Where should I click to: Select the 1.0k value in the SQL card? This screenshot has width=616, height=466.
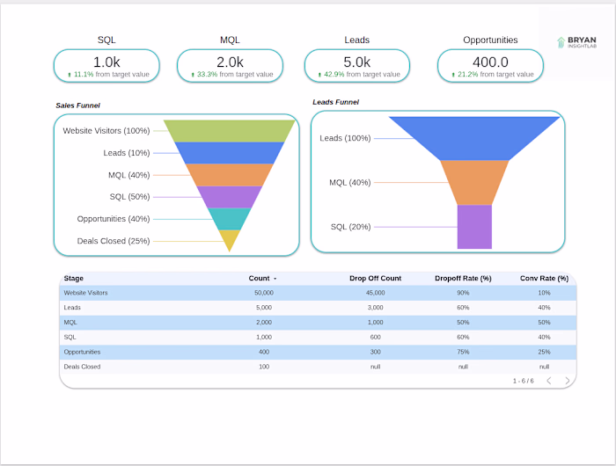[x=106, y=62]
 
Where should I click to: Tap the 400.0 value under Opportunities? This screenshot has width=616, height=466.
[x=490, y=62]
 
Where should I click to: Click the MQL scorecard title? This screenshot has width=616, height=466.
[x=230, y=40]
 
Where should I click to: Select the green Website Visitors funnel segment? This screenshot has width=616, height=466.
[x=229, y=130]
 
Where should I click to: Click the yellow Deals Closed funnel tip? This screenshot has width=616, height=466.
[x=229, y=239]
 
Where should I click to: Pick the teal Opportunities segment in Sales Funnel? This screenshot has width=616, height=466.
[x=229, y=218]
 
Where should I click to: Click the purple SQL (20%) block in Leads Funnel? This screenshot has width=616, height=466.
[x=474, y=227]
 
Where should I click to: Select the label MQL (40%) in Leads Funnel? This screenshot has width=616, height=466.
[x=349, y=183]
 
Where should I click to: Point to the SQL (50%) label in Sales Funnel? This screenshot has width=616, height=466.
[x=129, y=197]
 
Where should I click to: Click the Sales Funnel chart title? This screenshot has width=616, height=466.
[x=77, y=106]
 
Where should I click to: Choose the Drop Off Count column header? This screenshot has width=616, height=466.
[x=375, y=278]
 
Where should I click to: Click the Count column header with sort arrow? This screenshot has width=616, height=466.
[x=261, y=278]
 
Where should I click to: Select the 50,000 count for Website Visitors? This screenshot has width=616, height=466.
[x=263, y=292]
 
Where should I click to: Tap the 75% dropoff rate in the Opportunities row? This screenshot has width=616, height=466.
[x=463, y=352]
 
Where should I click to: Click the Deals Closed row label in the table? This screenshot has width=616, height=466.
[x=82, y=367]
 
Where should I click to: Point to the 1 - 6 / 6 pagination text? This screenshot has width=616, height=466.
[x=523, y=381]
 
